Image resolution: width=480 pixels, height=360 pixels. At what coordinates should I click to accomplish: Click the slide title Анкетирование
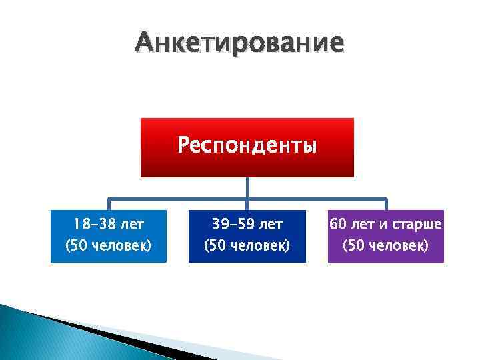(x=239, y=43)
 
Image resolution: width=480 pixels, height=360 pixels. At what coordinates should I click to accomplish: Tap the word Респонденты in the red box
(x=247, y=145)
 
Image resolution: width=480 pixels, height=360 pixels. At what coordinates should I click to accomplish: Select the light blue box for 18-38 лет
(x=108, y=236)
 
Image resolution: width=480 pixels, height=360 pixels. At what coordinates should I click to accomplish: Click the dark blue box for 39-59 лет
(x=247, y=236)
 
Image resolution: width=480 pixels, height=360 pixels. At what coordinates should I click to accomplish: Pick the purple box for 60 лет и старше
(x=385, y=236)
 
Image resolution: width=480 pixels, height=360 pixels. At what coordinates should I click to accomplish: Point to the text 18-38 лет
(x=108, y=224)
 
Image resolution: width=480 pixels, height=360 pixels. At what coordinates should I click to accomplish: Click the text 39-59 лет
(x=247, y=224)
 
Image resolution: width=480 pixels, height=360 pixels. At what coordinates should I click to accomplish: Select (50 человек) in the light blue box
(x=108, y=247)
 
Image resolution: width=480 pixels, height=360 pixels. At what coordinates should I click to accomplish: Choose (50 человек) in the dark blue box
(x=247, y=247)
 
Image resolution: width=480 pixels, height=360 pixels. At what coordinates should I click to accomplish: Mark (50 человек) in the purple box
(x=385, y=247)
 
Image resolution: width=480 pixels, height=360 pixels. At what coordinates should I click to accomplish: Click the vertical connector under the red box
(x=247, y=187)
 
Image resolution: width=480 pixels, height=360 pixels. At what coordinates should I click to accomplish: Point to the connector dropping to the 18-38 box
(x=109, y=204)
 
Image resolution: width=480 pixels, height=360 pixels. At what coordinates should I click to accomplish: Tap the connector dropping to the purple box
(x=386, y=204)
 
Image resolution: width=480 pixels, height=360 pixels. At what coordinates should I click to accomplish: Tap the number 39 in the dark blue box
(x=218, y=224)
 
